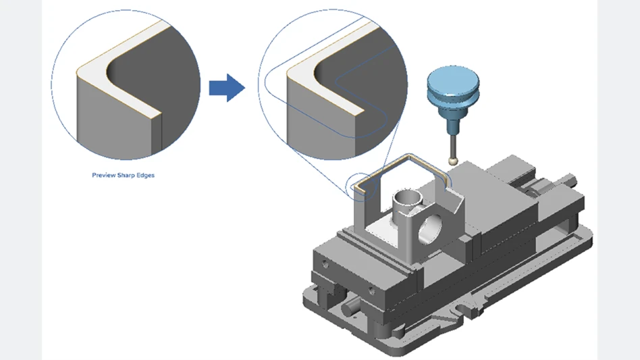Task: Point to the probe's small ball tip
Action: point(452,161)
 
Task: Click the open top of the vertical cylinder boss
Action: point(408,197)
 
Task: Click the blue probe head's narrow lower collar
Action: point(450,114)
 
